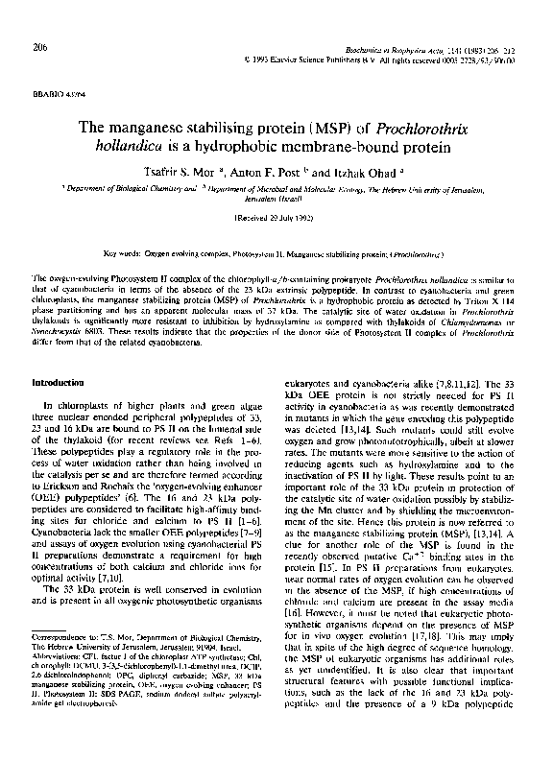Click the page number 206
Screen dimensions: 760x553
pyautogui.click(x=39, y=46)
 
